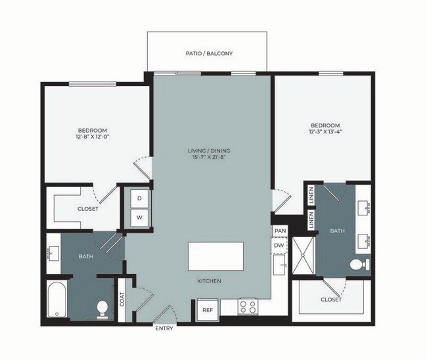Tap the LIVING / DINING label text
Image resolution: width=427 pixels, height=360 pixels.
click(x=208, y=151)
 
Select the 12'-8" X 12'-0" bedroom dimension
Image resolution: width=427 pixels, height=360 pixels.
click(x=91, y=137)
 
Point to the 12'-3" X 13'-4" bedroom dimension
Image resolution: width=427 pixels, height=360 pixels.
click(x=325, y=132)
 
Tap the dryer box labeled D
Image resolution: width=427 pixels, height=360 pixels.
click(x=139, y=198)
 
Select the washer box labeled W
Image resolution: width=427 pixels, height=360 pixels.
click(x=139, y=216)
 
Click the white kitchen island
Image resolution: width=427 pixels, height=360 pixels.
click(x=215, y=256)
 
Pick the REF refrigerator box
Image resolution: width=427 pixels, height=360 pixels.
click(x=207, y=309)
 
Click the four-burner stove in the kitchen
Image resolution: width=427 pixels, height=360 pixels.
click(x=248, y=306)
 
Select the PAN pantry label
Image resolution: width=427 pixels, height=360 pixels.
click(x=280, y=231)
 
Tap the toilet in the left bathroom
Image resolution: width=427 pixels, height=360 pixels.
click(x=102, y=307)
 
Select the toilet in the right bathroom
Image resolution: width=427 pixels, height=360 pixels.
click(x=357, y=265)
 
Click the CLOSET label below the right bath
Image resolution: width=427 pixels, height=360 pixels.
click(x=332, y=300)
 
